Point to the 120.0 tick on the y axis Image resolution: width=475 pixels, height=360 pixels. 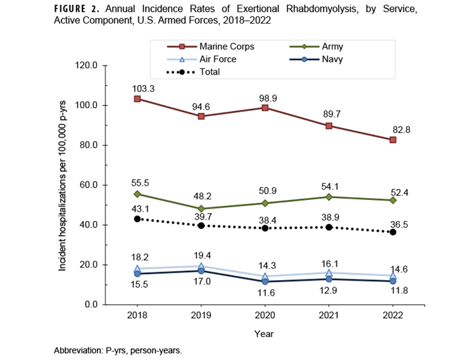tap(86, 66)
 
